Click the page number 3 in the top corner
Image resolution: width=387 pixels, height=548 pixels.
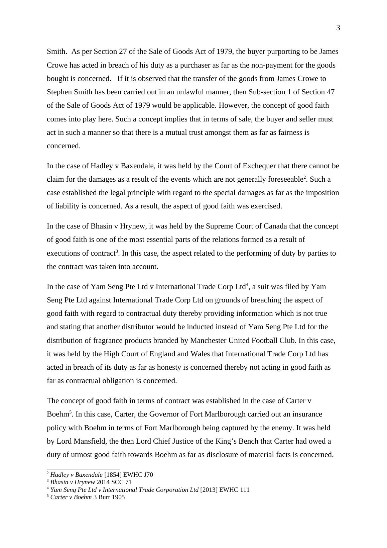pos(338,28)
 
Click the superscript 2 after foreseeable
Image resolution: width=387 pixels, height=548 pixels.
pos(304,177)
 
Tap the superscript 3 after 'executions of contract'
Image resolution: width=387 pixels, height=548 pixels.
pos(117,251)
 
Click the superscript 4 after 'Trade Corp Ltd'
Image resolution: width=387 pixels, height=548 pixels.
pos(247,285)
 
